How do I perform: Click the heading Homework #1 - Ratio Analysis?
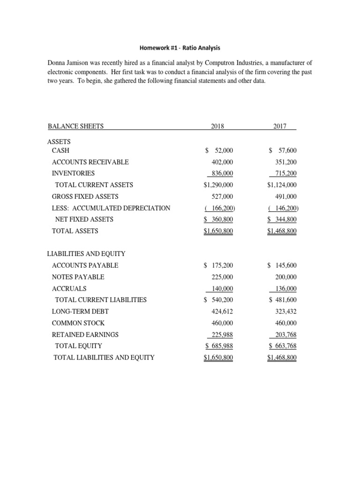[180, 47]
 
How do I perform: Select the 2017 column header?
[282, 126]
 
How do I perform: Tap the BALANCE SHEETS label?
[75, 126]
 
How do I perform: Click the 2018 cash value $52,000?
[219, 150]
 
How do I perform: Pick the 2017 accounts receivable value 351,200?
[285, 162]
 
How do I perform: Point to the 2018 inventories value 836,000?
[221, 173]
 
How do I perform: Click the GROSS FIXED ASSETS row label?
[85, 196]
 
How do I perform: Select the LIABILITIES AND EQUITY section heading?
[86, 254]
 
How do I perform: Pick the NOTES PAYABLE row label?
[78, 277]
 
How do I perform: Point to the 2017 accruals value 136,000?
[284, 289]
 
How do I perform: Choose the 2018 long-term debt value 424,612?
[222, 312]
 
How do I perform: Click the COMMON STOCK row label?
[78, 323]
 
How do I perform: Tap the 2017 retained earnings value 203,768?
[284, 335]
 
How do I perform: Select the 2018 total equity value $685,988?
[219, 346]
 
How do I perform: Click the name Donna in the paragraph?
[58, 63]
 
